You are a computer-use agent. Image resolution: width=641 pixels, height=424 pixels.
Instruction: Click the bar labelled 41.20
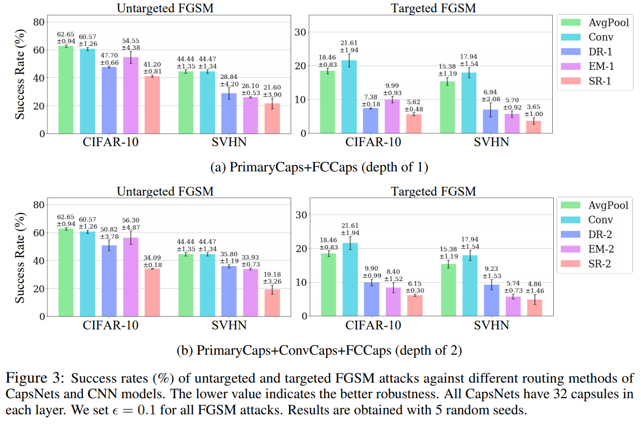[152, 105]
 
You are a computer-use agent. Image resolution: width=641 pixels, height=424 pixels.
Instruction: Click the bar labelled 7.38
[370, 121]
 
